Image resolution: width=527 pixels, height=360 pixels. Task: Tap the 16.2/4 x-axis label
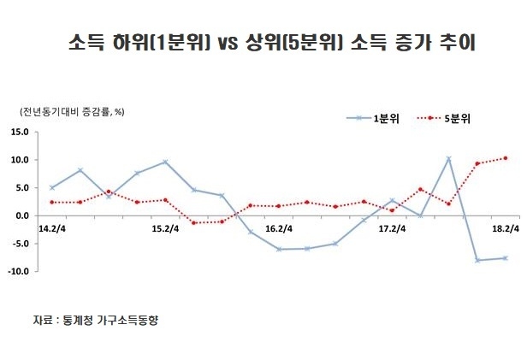point(279,229)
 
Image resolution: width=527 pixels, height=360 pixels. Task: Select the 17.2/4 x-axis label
point(392,229)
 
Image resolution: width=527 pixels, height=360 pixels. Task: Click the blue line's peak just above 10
point(449,158)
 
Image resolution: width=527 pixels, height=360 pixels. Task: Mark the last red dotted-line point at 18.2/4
point(506,157)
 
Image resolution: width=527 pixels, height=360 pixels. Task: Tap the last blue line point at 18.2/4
point(506,257)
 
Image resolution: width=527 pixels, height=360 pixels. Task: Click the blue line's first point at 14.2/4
point(51,187)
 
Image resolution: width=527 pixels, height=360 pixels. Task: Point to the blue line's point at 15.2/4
point(165,162)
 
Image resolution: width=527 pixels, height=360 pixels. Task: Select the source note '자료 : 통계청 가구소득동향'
point(96,320)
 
